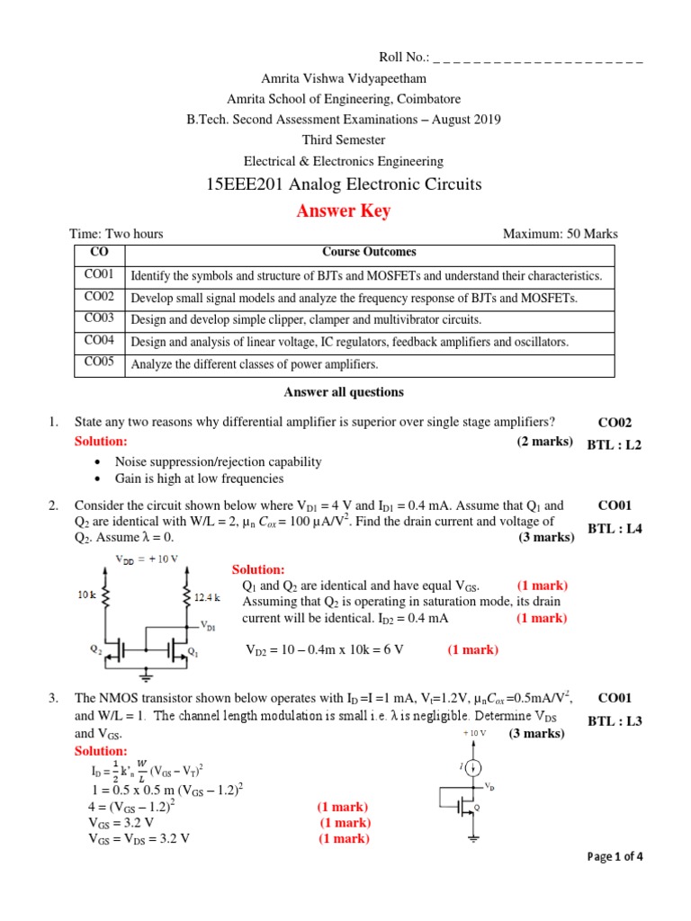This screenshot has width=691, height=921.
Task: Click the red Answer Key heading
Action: (x=345, y=211)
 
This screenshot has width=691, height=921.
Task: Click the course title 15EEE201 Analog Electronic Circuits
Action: (x=345, y=184)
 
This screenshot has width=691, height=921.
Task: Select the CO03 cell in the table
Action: (x=99, y=318)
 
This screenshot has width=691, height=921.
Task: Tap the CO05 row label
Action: (x=99, y=363)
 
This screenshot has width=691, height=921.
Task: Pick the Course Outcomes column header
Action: (x=369, y=253)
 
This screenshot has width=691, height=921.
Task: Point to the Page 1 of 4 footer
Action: (x=615, y=856)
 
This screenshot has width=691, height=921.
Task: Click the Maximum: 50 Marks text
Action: (x=560, y=234)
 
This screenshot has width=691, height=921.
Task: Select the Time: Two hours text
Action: (x=119, y=234)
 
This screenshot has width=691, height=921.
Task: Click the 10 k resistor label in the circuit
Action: (x=85, y=594)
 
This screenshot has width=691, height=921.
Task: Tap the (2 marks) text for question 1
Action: (x=544, y=441)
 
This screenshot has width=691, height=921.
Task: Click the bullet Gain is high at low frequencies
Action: (x=199, y=478)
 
